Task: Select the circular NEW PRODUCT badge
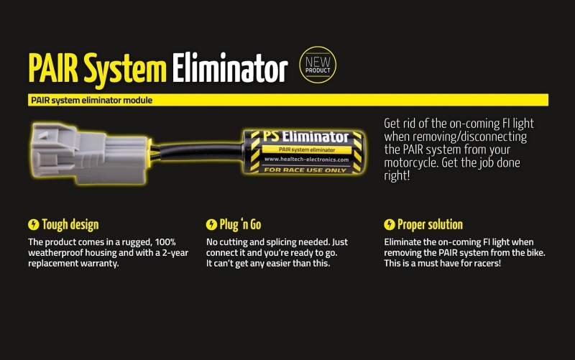click(x=317, y=67)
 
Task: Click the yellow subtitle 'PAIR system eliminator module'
click(x=91, y=101)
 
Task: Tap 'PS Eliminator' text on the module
click(x=303, y=137)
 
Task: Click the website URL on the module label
click(x=305, y=160)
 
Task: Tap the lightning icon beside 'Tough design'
click(x=33, y=225)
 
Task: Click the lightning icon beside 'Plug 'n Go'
click(x=211, y=225)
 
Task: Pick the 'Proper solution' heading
click(x=430, y=225)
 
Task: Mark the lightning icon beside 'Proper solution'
click(x=390, y=225)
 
